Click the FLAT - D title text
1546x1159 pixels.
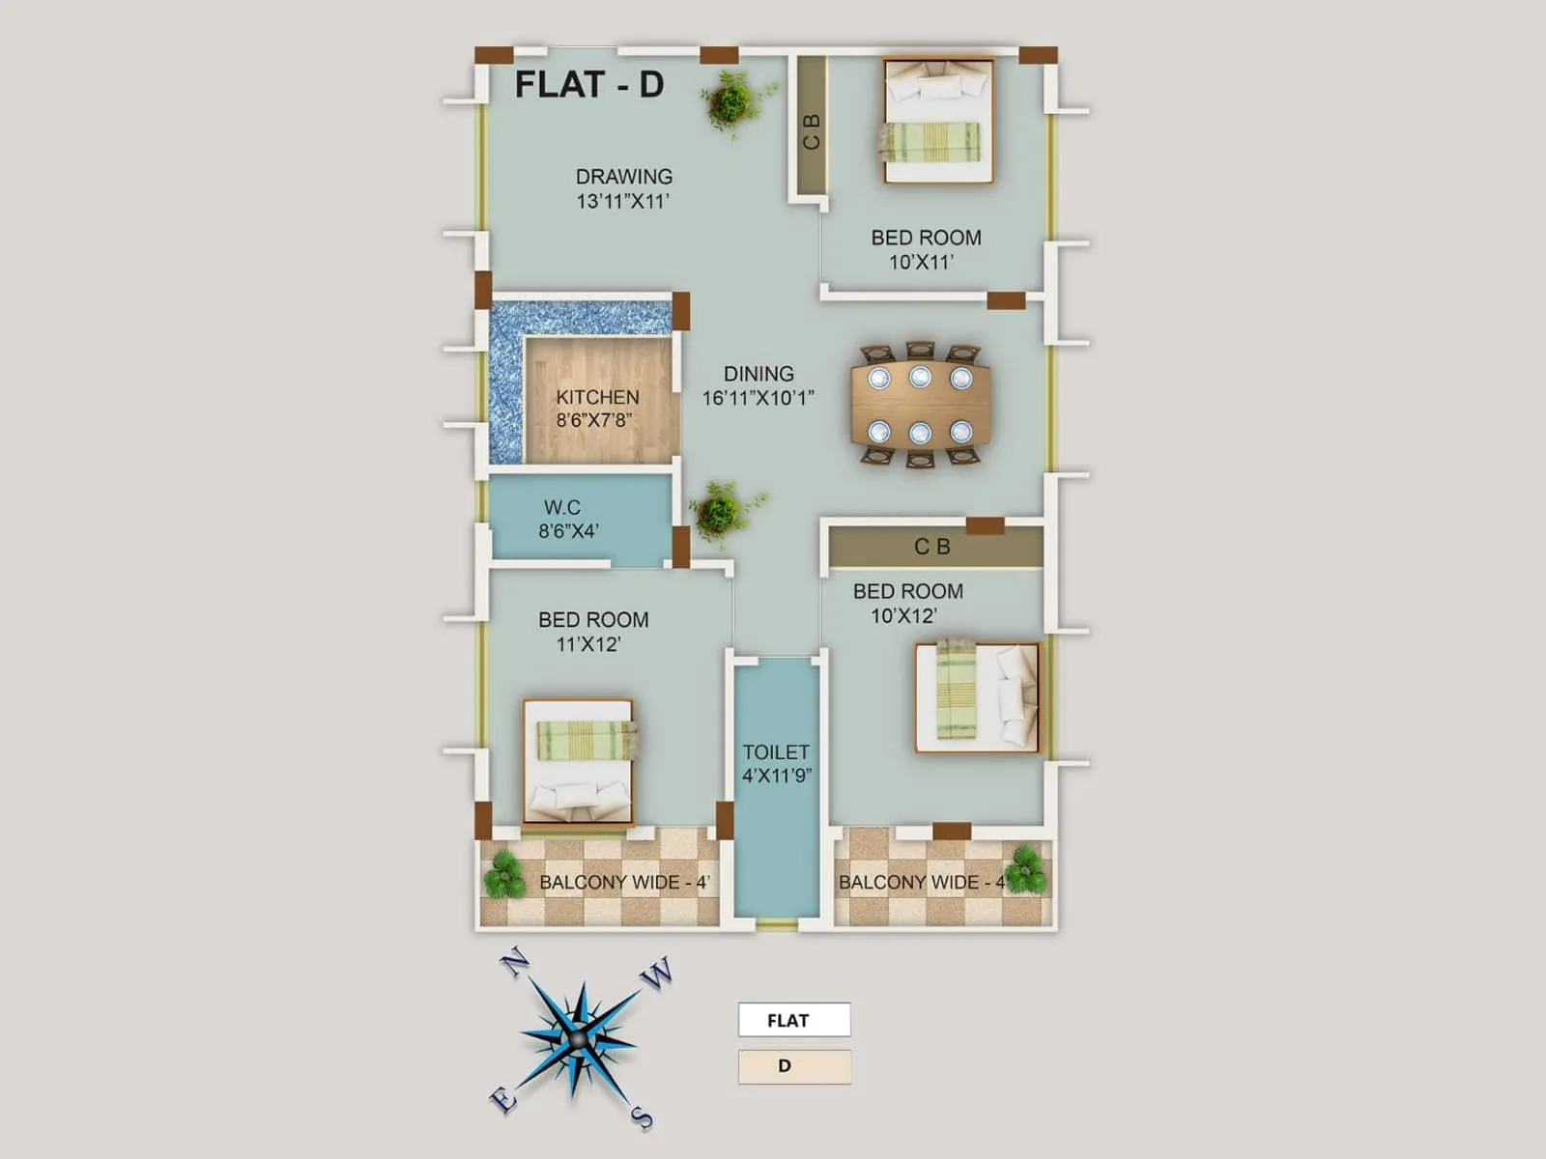coord(588,85)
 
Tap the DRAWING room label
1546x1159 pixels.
coord(623,177)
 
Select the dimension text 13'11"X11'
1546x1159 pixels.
coord(623,202)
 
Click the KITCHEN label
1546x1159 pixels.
coord(597,397)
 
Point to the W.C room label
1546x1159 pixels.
coord(561,507)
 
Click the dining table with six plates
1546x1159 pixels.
coord(920,404)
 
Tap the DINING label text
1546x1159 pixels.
coord(759,374)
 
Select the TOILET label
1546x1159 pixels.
coord(776,751)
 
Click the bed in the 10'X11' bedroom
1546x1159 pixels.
coord(938,121)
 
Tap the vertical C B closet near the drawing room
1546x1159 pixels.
coord(811,130)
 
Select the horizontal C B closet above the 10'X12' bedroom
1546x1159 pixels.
coord(933,547)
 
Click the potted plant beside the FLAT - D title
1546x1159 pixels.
coord(733,100)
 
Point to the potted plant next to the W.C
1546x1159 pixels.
coord(721,510)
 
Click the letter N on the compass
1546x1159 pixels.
coord(514,963)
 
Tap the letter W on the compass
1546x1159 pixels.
coord(657,974)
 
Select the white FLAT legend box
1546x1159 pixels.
coord(794,1020)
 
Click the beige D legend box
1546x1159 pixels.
coord(794,1066)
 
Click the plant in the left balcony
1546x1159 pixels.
coord(503,875)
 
